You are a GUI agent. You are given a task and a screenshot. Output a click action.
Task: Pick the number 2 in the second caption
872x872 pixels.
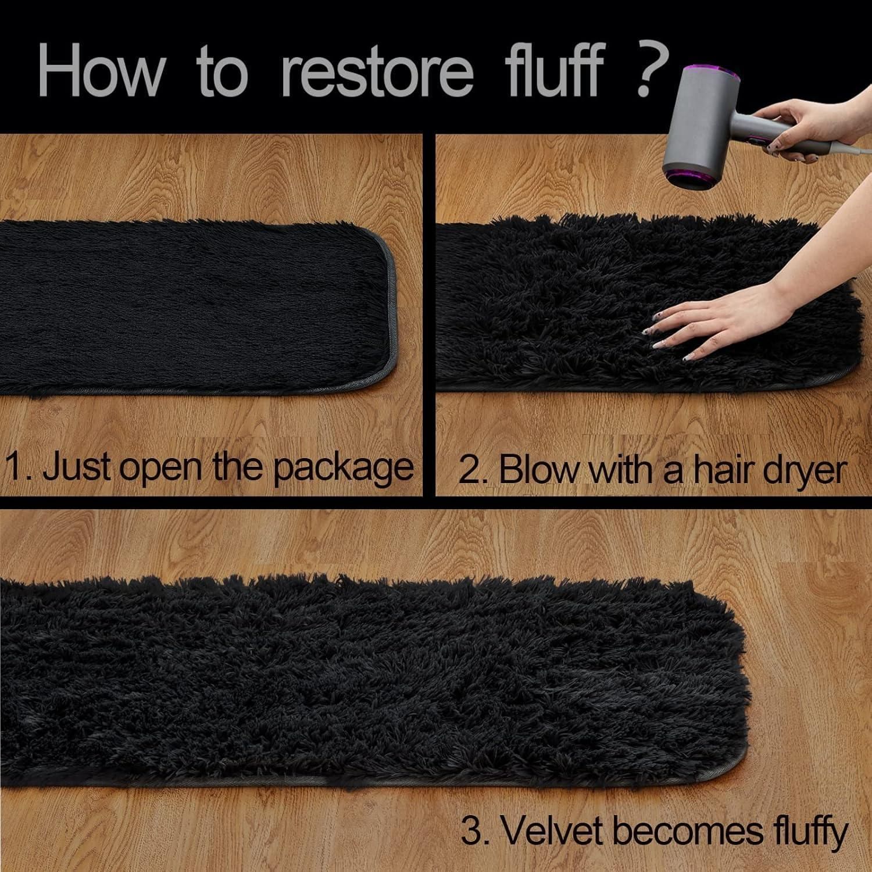pos(469,470)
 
